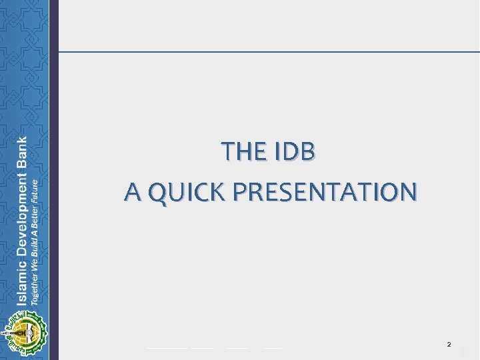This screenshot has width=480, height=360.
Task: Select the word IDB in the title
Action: [293, 152]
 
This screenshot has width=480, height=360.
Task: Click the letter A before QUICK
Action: [133, 192]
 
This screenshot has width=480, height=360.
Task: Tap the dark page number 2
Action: [449, 345]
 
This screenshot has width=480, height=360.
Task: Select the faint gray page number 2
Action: [462, 353]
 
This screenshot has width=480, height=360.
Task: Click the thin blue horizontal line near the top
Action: [267, 51]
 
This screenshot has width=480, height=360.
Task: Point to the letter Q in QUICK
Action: [159, 192]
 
